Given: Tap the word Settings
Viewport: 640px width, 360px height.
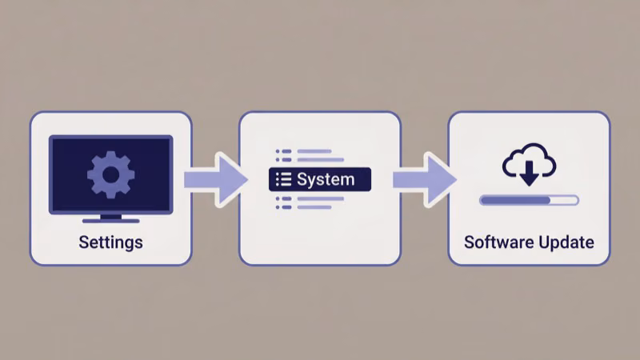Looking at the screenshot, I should pyautogui.click(x=110, y=242).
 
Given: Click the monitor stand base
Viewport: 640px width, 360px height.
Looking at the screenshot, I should pyautogui.click(x=110, y=219).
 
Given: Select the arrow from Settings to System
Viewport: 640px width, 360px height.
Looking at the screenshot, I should pyautogui.click(x=214, y=179).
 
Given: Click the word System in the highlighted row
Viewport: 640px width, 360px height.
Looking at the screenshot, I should pyautogui.click(x=326, y=179).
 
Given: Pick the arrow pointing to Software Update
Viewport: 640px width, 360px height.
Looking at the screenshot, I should pyautogui.click(x=423, y=179).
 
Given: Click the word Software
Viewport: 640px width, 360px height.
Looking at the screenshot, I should pyautogui.click(x=497, y=242).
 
